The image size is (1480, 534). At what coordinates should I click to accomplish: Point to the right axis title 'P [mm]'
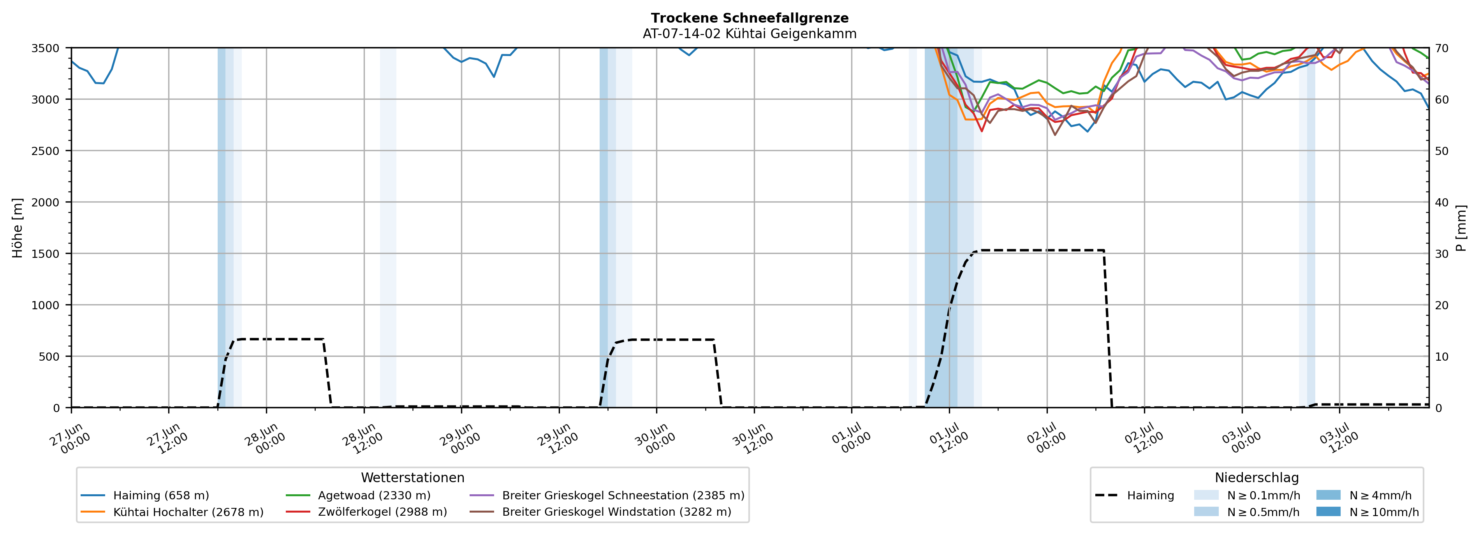pyautogui.click(x=1462, y=227)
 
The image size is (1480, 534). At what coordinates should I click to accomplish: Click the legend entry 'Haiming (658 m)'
pyautogui.click(x=145, y=495)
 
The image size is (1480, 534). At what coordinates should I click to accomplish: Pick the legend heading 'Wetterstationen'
pyautogui.click(x=412, y=478)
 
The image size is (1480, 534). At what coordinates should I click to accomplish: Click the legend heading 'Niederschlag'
pyautogui.click(x=1257, y=478)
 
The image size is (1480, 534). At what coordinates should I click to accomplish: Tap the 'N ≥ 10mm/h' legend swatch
pyautogui.click(x=1328, y=511)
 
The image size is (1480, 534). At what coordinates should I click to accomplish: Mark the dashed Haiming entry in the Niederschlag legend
pyautogui.click(x=1135, y=495)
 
